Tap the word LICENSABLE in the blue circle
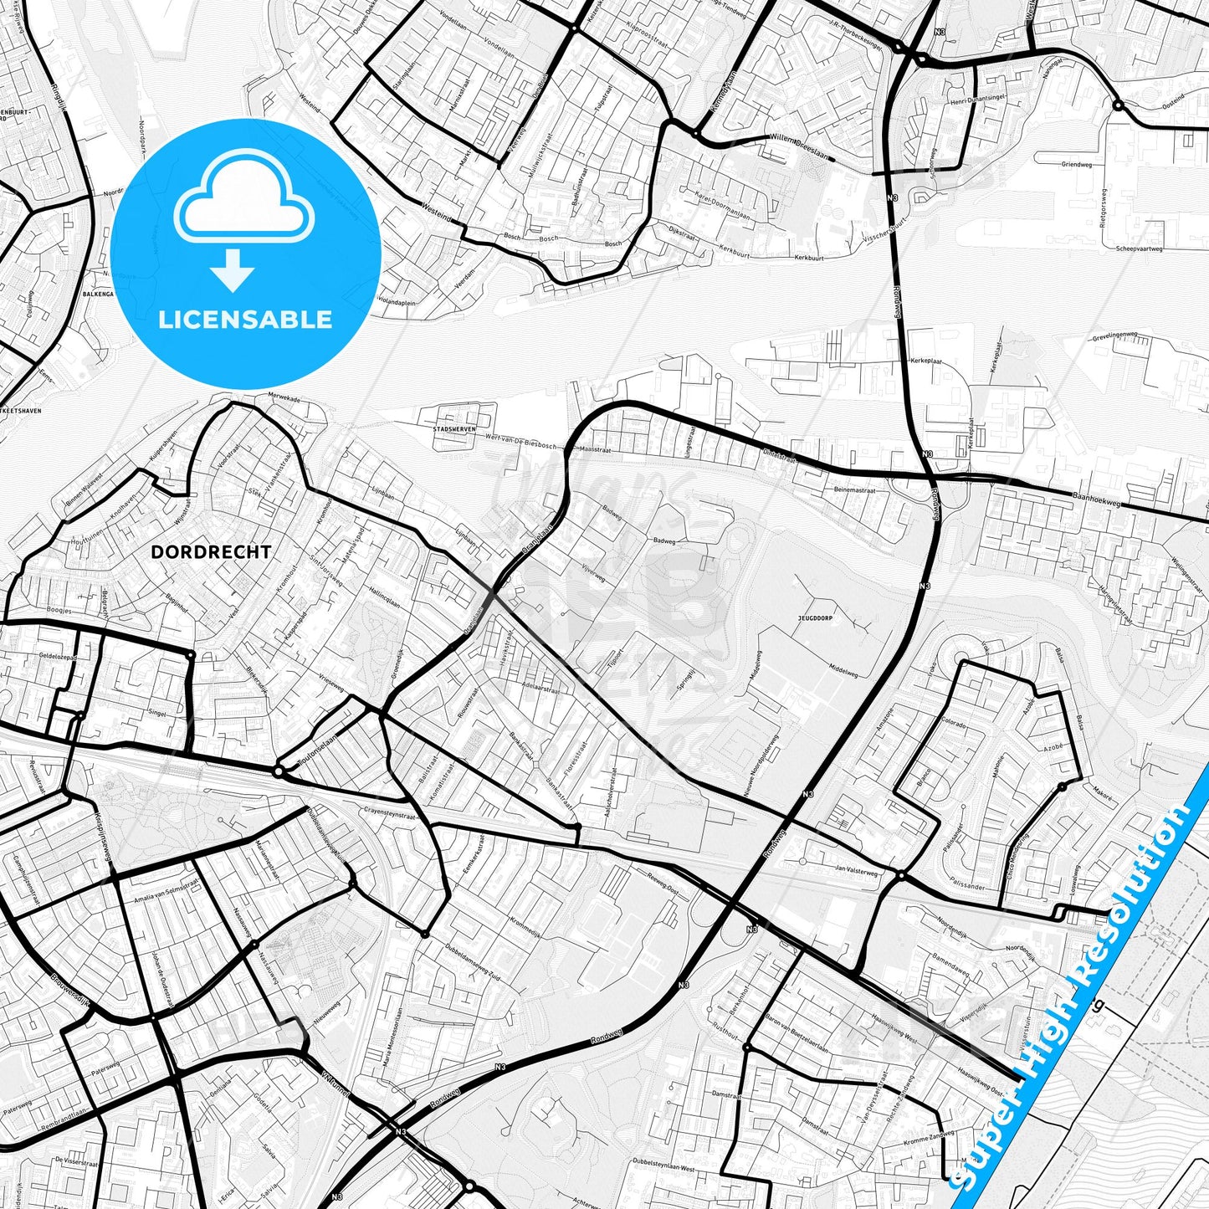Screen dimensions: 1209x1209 (245, 320)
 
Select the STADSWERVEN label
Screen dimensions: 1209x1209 (453, 428)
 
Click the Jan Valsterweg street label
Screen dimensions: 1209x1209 (857, 870)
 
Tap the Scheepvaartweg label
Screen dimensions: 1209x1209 (1139, 248)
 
